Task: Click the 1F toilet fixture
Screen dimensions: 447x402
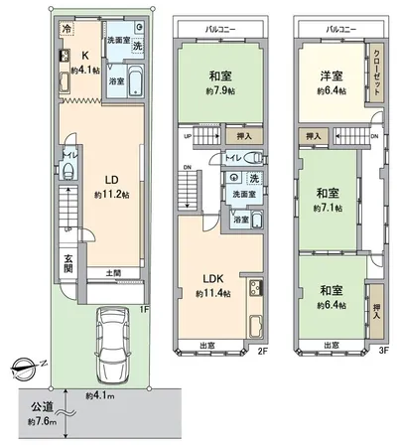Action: tap(68, 171)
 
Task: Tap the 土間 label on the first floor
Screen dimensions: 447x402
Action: tap(113, 272)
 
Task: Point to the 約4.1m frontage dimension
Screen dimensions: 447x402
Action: tap(100, 397)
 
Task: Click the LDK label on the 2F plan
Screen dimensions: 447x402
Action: tap(214, 281)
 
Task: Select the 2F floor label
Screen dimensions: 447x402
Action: tap(264, 351)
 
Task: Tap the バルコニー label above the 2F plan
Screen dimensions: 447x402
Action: tap(219, 30)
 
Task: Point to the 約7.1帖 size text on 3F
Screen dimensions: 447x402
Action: tap(328, 210)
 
